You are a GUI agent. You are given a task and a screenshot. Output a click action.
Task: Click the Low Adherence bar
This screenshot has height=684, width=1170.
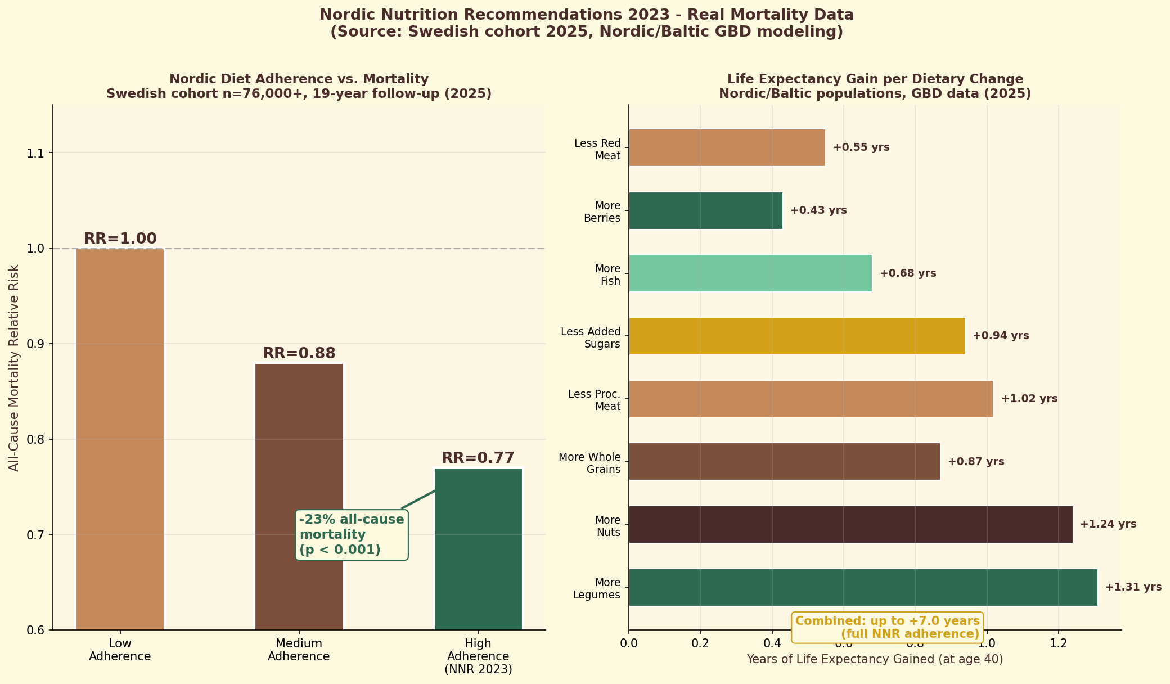[120, 439]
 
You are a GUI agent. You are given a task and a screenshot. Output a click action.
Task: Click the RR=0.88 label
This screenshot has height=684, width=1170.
[299, 353]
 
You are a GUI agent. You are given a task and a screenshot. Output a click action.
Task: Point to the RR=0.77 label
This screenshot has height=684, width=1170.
[478, 458]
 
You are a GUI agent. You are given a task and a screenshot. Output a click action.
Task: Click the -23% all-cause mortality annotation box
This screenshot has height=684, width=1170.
[352, 534]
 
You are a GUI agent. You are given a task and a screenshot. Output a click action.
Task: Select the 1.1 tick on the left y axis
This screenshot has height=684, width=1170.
[38, 153]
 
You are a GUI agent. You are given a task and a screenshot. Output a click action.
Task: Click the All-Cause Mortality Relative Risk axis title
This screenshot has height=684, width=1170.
[14, 368]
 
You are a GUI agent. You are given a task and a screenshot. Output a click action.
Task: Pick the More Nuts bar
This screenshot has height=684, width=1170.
[850, 524]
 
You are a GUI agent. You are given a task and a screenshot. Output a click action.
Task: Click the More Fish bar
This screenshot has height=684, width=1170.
[750, 273]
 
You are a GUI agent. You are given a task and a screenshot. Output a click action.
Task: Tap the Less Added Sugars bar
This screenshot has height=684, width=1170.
[796, 336]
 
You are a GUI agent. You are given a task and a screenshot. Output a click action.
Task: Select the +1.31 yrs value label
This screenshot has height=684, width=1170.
[1133, 587]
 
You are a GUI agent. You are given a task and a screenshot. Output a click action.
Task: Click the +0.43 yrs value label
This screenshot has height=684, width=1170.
[818, 210]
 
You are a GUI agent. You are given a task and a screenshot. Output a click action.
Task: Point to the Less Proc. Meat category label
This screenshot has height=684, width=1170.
[594, 400]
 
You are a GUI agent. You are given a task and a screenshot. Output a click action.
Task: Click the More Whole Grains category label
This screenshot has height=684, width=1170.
[589, 463]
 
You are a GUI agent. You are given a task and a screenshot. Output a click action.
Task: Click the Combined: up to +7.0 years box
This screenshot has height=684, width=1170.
[887, 627]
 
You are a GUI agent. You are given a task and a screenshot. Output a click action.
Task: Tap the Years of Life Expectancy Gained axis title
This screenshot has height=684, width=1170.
[875, 659]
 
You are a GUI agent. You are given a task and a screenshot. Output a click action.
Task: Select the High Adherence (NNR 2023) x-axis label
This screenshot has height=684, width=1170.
[478, 656]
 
